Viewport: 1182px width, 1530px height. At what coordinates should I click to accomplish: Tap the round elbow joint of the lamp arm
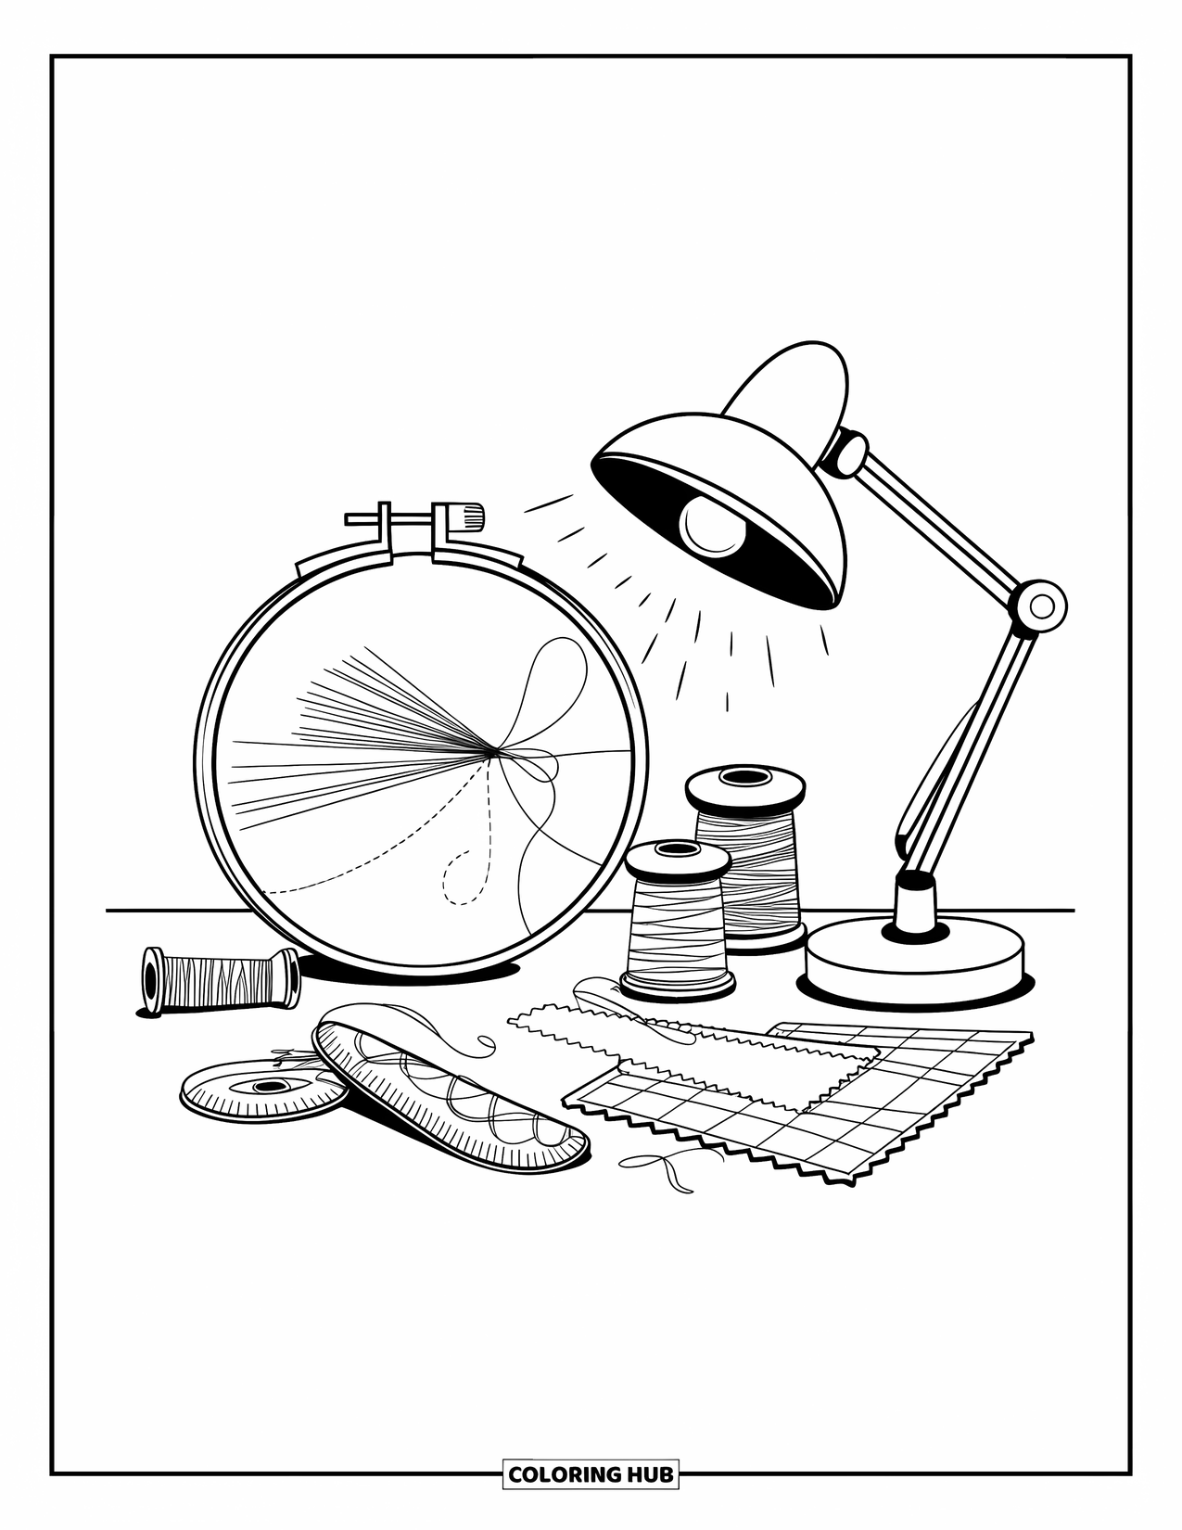tap(1040, 607)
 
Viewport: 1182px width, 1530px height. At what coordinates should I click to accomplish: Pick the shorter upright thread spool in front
tap(676, 927)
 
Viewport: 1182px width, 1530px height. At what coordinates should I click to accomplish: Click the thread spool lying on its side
tap(219, 978)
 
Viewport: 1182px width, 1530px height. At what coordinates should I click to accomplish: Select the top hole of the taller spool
tap(744, 775)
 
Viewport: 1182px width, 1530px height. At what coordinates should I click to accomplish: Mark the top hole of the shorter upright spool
tap(677, 848)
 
